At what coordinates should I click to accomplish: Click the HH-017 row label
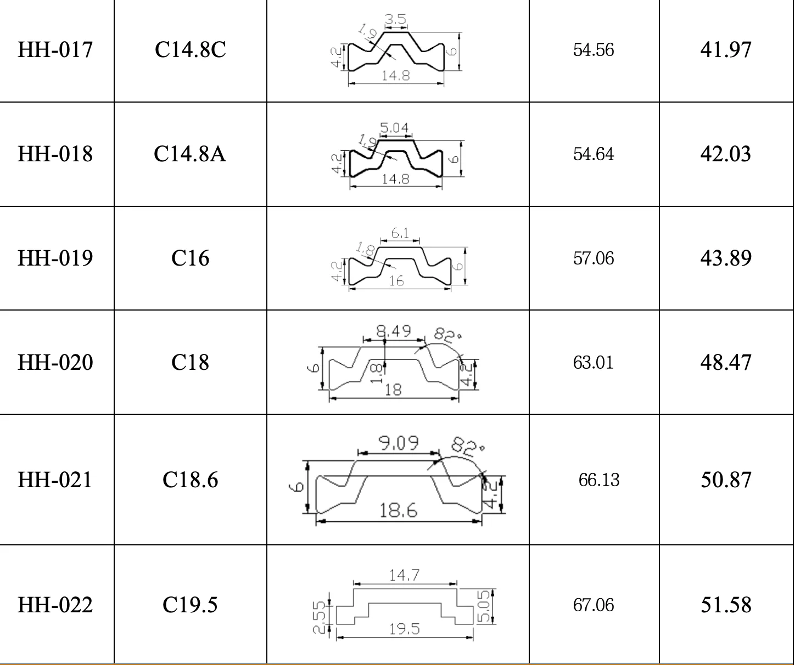tap(55, 50)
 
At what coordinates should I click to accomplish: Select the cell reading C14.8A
tap(190, 154)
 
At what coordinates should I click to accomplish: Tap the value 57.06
tap(593, 258)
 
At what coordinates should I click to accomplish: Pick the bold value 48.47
tap(725, 362)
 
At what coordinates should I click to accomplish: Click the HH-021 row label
tap(55, 480)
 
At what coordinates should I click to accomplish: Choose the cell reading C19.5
tap(190, 605)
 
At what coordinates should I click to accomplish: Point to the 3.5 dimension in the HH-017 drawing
tap(395, 20)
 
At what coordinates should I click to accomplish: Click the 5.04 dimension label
tap(394, 128)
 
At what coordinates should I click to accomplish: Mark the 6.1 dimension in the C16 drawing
tap(400, 234)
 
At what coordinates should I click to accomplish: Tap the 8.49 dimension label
tap(393, 331)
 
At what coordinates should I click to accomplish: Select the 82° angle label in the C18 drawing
tap(448, 335)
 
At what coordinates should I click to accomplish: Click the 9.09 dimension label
tap(399, 442)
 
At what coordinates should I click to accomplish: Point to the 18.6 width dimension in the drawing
tap(399, 511)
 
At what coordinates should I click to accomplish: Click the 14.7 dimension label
tap(404, 575)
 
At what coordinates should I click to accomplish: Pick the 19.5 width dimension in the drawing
tap(404, 629)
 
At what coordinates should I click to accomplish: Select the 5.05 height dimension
tap(485, 606)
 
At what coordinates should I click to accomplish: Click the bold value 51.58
tap(725, 605)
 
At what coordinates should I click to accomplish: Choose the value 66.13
tap(598, 480)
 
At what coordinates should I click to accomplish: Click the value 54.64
tap(593, 154)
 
